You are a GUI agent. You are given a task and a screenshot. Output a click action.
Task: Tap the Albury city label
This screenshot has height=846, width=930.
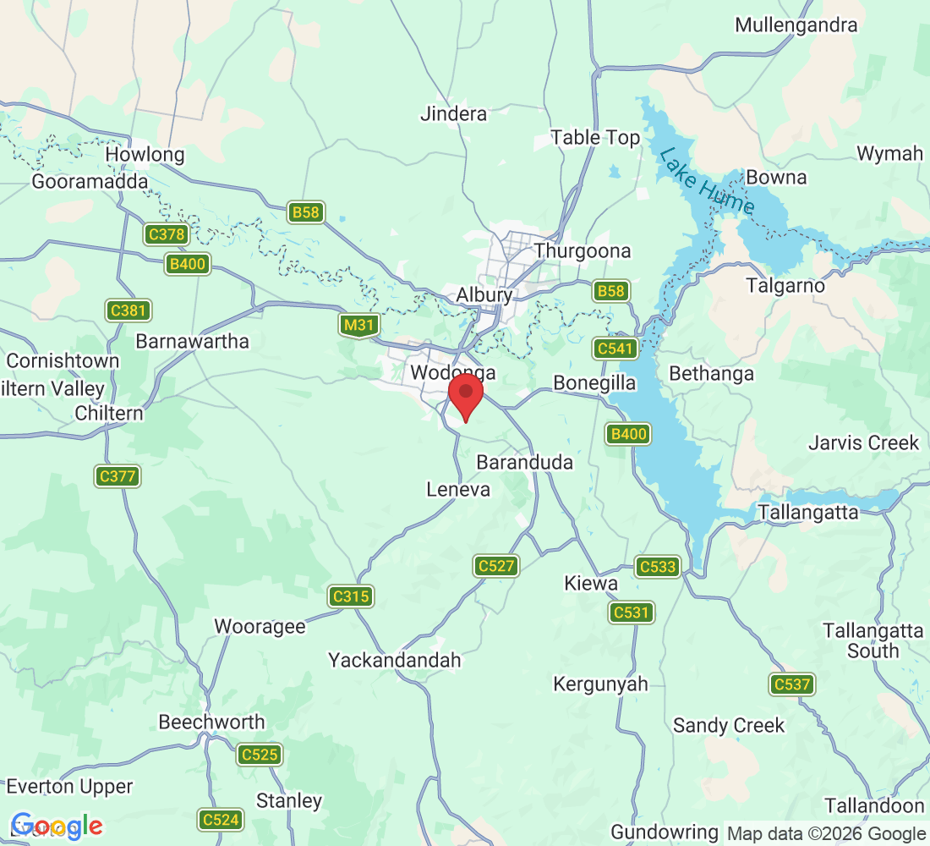click(484, 295)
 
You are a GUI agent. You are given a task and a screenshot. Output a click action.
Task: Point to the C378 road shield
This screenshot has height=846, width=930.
click(166, 234)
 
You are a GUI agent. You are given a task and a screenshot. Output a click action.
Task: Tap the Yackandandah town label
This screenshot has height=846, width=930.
click(395, 660)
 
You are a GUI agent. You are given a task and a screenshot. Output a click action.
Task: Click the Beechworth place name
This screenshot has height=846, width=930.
click(211, 722)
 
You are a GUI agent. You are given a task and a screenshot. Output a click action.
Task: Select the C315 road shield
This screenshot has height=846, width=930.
click(351, 596)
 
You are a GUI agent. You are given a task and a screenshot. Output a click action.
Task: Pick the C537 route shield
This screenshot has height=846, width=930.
click(792, 684)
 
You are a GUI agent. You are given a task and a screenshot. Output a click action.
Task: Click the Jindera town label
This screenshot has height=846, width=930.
click(454, 113)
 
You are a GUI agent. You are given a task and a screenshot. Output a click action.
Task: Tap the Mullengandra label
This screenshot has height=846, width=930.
click(796, 25)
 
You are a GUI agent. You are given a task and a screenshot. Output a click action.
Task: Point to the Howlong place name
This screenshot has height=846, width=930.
click(145, 155)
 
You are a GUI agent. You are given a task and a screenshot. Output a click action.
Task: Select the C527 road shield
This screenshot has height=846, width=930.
click(496, 566)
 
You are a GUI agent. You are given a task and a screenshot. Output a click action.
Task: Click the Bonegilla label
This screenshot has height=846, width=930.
click(594, 383)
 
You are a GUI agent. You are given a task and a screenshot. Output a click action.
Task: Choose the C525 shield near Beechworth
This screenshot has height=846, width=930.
click(260, 755)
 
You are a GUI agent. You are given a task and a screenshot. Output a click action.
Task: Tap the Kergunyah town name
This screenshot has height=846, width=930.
click(600, 684)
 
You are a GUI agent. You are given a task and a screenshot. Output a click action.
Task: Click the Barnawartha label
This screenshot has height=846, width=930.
click(193, 341)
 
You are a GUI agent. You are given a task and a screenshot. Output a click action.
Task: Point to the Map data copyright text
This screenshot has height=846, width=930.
click(827, 834)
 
